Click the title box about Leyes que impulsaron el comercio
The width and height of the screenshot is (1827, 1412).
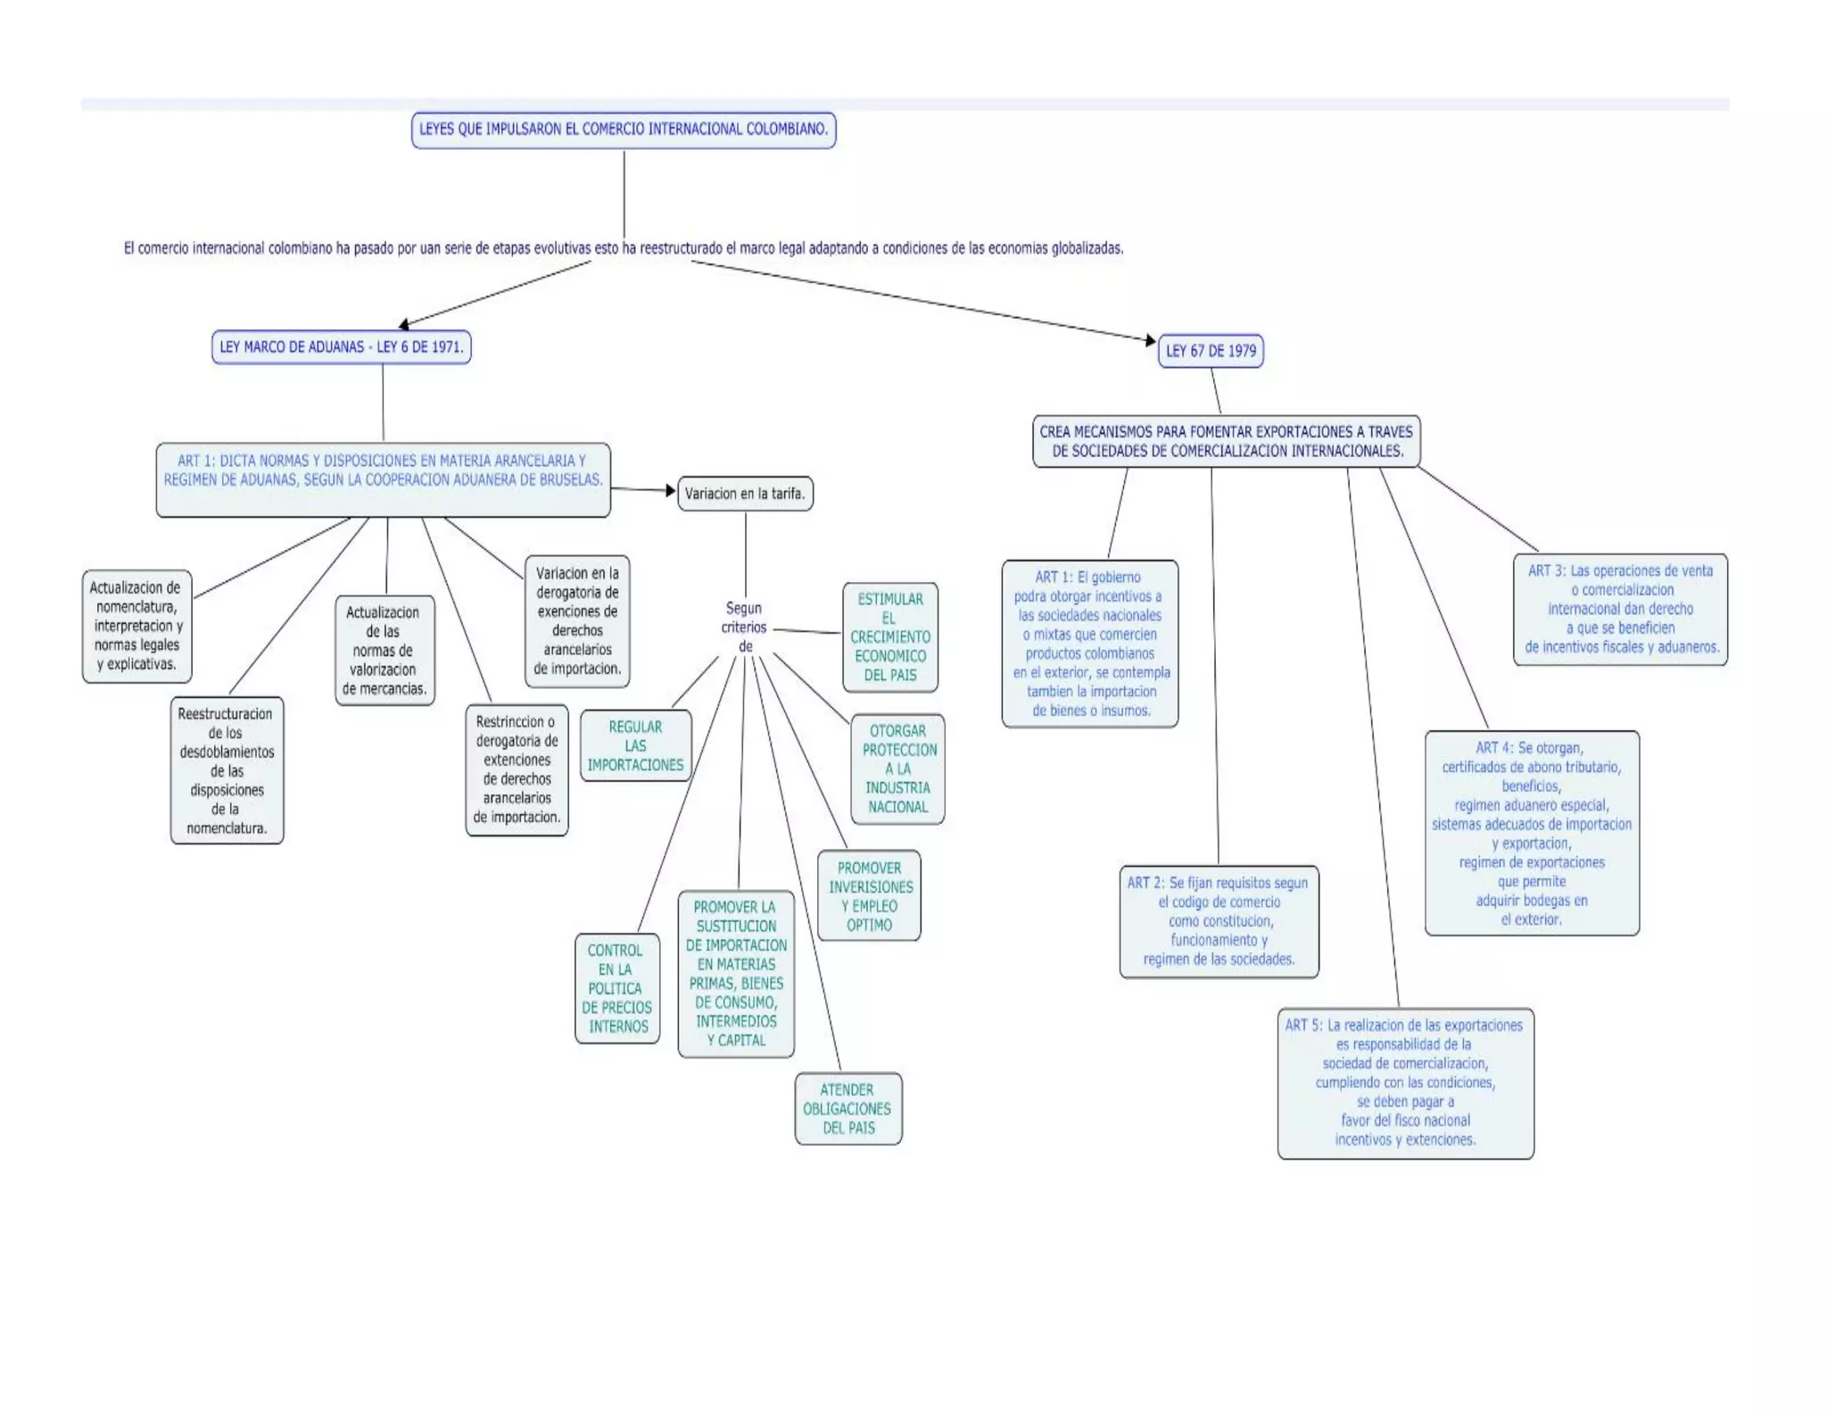point(624,129)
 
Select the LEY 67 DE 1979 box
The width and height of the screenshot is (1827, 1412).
point(1211,351)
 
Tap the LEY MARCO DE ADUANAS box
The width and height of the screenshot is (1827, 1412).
point(341,347)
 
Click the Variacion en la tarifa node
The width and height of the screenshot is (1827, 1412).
point(745,494)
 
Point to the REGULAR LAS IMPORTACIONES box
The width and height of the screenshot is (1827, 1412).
point(635,746)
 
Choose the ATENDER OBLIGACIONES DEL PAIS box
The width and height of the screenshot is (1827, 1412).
point(847,1109)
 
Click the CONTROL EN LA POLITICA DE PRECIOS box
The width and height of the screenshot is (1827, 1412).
point(617,988)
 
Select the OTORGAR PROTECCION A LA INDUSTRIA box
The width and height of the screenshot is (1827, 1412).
point(898,768)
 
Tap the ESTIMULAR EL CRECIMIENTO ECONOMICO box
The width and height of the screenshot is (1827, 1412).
point(890,637)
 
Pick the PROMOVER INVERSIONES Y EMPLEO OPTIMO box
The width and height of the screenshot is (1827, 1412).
point(870,896)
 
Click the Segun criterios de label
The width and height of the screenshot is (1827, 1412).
point(744,627)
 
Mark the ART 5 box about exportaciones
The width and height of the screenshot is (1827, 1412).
point(1405,1083)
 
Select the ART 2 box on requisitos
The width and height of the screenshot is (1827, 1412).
point(1219,921)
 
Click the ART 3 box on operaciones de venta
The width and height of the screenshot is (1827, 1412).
point(1620,610)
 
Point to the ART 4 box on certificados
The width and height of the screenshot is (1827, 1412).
point(1532,833)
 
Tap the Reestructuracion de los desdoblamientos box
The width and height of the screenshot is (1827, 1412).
point(227,770)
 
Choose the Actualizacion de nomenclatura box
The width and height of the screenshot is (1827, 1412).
point(137,626)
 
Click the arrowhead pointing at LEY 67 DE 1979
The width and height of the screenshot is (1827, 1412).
point(1151,340)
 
